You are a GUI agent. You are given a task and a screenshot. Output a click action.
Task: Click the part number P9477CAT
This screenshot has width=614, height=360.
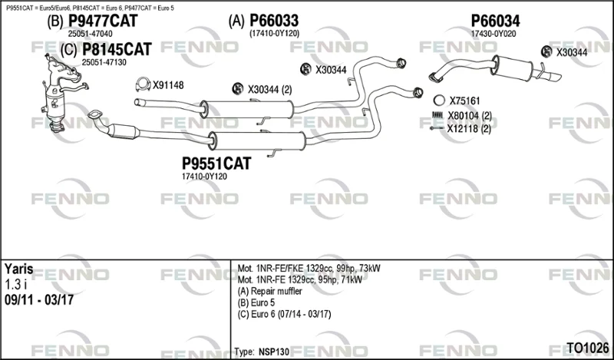click(103, 21)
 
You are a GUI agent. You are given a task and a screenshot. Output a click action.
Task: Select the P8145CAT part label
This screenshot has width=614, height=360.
click(117, 50)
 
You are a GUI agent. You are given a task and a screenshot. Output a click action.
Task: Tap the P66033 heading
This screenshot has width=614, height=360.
click(274, 21)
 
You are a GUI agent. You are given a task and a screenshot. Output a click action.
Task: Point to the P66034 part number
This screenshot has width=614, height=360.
click(495, 21)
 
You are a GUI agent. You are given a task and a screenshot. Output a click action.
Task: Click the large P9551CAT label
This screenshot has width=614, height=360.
click(216, 163)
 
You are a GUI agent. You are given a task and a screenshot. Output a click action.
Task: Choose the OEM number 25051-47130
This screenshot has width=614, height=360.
click(104, 62)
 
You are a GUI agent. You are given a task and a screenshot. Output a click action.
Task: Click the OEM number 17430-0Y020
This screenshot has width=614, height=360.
click(494, 34)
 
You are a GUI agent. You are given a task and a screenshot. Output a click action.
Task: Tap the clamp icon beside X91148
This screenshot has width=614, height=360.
click(143, 84)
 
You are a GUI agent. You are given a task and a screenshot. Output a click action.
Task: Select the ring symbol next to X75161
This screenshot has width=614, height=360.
click(439, 101)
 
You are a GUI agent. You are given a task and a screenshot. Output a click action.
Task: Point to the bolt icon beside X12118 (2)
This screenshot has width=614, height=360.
click(437, 128)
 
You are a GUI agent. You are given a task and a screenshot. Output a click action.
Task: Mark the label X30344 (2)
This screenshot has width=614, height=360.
click(270, 90)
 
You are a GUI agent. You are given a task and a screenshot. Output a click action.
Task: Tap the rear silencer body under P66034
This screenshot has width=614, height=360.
click(513, 68)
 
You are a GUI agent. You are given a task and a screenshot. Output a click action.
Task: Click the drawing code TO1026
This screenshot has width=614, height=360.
click(588, 348)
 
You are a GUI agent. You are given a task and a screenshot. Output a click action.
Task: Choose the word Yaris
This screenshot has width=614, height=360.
click(18, 269)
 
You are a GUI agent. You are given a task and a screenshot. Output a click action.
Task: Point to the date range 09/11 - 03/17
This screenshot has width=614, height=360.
click(39, 300)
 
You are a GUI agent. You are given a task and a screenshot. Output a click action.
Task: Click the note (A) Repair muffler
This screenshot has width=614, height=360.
click(270, 292)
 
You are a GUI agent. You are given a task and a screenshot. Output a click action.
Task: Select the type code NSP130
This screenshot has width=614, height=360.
click(274, 352)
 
